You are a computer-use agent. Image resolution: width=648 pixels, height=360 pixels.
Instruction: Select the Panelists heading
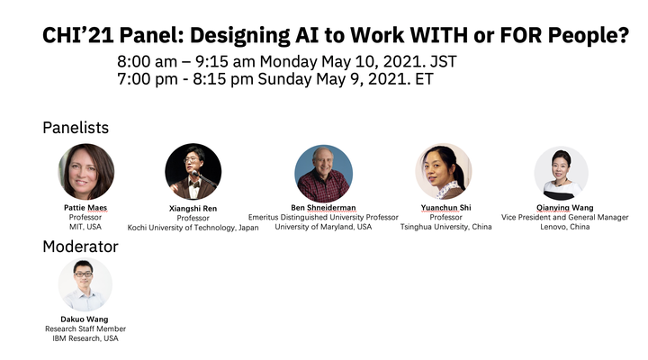76,128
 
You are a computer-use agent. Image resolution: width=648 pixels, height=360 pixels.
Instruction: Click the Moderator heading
81,247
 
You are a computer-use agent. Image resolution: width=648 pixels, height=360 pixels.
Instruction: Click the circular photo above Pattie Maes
86,172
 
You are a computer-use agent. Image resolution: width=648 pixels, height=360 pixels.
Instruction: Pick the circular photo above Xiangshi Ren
193,172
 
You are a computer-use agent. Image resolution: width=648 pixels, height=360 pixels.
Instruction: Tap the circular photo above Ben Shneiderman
324,174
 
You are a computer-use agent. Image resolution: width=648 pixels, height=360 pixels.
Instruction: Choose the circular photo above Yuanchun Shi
444,172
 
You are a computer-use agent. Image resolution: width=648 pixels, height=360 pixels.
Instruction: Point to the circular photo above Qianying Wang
562,173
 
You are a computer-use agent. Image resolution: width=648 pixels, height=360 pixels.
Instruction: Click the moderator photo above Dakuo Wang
85,284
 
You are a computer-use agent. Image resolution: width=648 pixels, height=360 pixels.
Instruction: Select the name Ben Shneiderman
323,208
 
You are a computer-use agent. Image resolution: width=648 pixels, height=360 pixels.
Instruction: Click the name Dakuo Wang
85,319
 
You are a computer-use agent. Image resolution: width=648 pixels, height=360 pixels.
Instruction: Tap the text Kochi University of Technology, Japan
193,228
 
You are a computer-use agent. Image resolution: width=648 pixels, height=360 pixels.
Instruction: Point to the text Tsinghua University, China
445,227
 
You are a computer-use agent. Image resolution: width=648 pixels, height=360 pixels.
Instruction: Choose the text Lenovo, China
565,227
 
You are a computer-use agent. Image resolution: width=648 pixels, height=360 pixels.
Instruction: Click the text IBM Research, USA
85,338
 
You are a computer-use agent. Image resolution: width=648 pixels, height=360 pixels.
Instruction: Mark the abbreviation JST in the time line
444,61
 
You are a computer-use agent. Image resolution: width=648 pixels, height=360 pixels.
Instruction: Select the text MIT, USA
85,227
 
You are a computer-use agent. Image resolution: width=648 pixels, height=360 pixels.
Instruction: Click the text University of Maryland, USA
323,227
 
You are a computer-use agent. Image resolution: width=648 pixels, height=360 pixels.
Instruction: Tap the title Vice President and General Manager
565,218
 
